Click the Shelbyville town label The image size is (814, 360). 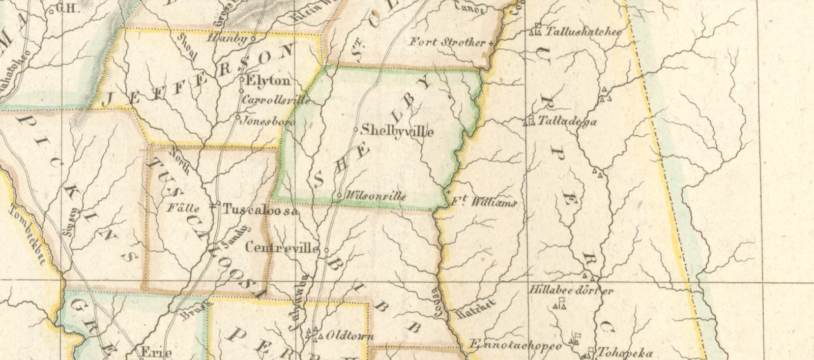[397, 131]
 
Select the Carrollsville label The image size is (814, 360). [276, 100]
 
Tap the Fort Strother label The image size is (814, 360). [448, 42]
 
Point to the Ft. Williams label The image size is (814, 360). [484, 203]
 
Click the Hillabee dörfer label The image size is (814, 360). [571, 291]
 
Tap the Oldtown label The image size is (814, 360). [350, 336]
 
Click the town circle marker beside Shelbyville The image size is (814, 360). [356, 129]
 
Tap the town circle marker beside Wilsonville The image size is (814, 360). [339, 195]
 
